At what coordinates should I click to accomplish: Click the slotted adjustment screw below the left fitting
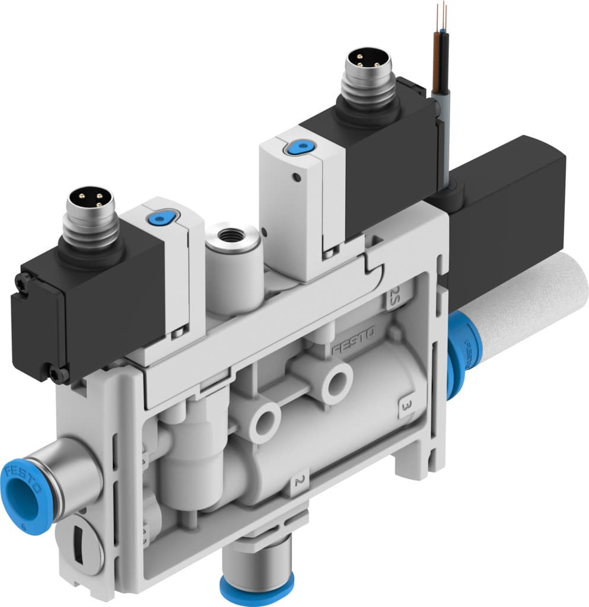click(x=79, y=542)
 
